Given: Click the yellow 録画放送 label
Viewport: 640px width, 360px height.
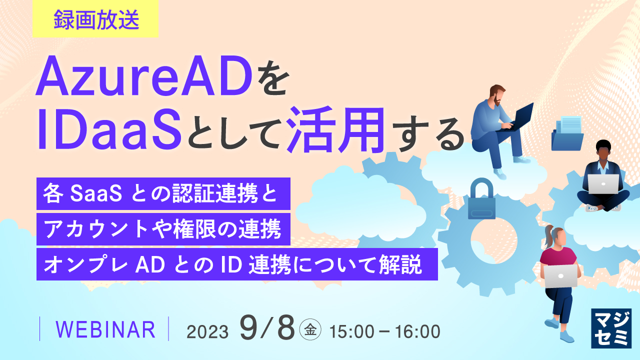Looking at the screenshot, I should (x=95, y=19).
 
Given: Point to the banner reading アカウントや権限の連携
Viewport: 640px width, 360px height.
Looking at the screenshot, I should (x=163, y=229).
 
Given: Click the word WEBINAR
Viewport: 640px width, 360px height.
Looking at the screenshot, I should (x=105, y=330).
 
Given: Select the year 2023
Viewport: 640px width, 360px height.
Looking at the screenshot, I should (x=207, y=331).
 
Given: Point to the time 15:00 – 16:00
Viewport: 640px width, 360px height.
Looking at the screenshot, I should (x=384, y=331).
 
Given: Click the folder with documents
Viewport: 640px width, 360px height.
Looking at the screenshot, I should (x=567, y=132).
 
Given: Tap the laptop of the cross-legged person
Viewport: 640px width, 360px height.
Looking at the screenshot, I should (x=603, y=184).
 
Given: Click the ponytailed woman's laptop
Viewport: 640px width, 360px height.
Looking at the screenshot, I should (x=560, y=275).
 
